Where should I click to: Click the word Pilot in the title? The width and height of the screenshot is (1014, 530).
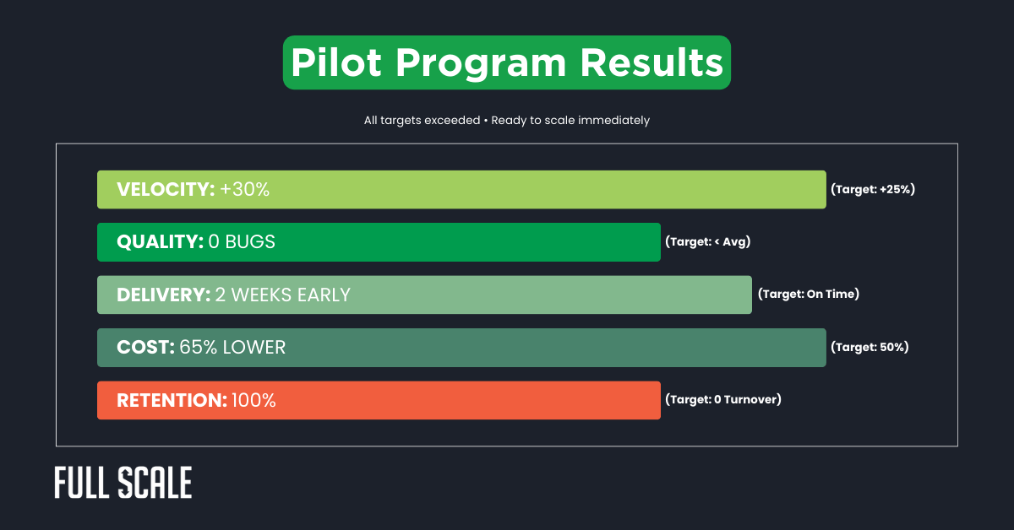pyautogui.click(x=335, y=63)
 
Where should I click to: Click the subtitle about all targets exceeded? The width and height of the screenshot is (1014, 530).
pyautogui.click(x=507, y=121)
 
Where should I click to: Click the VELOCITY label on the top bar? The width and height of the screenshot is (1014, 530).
pyautogui.click(x=166, y=190)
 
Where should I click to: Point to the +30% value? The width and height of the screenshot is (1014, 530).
pyautogui.click(x=245, y=190)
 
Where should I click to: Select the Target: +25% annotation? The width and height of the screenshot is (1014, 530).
pyautogui.click(x=873, y=190)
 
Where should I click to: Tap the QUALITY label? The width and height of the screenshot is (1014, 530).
pyautogui.click(x=160, y=242)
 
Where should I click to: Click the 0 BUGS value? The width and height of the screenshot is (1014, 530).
pyautogui.click(x=242, y=242)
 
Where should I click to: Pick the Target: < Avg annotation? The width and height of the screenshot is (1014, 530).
pyautogui.click(x=707, y=242)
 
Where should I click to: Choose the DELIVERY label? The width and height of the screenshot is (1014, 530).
pyautogui.click(x=163, y=295)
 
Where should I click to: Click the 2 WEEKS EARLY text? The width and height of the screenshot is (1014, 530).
pyautogui.click(x=282, y=295)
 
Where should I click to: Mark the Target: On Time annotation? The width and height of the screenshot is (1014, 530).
pyautogui.click(x=808, y=295)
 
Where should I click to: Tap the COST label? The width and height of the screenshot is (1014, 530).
pyautogui.click(x=145, y=348)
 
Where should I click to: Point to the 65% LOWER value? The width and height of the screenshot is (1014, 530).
pyautogui.click(x=232, y=348)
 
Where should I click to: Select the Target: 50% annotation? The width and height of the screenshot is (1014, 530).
pyautogui.click(x=870, y=347)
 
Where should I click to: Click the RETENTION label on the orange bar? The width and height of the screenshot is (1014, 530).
pyautogui.click(x=172, y=400)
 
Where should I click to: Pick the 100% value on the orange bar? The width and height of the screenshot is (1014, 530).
pyautogui.click(x=253, y=400)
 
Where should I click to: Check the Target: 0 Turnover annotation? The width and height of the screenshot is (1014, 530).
pyautogui.click(x=722, y=400)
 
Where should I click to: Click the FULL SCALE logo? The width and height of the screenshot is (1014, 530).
pyautogui.click(x=123, y=482)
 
